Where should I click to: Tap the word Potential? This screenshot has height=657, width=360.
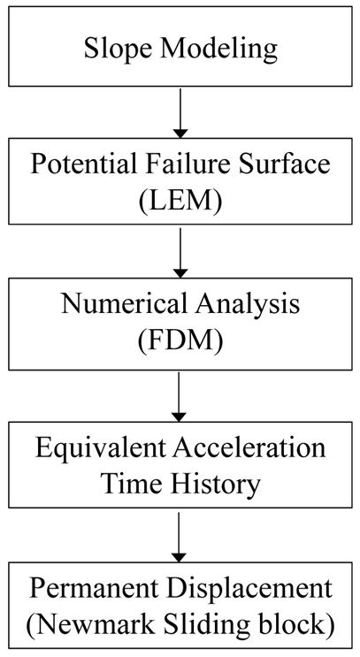[x=83, y=164]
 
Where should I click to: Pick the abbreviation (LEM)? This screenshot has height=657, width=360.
[x=180, y=201]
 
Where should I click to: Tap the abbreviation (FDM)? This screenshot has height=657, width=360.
[x=180, y=341]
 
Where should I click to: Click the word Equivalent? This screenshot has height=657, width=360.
[x=101, y=449]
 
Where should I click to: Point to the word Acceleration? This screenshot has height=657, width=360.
[x=249, y=447]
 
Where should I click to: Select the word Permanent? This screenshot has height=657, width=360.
[x=95, y=588]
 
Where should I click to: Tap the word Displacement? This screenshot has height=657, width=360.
[x=250, y=590]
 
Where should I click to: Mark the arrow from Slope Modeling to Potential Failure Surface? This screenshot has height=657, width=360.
[x=180, y=112]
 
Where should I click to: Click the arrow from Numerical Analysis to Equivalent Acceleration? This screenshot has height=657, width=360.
[x=179, y=397]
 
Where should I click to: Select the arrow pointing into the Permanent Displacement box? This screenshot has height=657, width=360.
[x=179, y=538]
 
